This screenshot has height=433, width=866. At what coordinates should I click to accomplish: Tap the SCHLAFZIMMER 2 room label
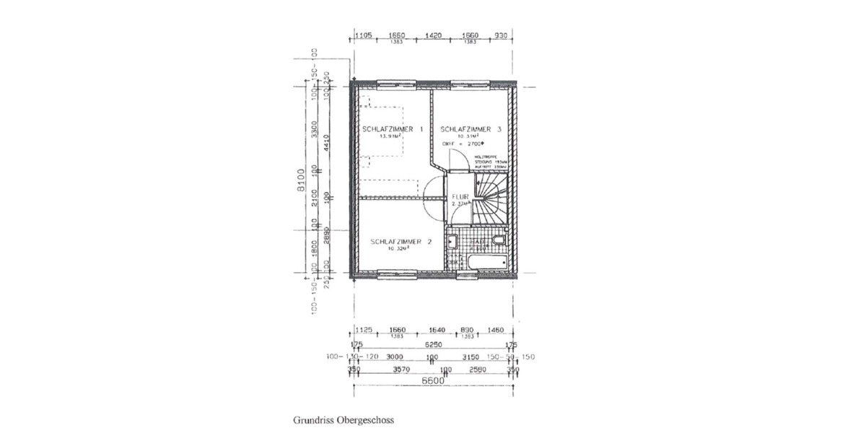click(401, 241)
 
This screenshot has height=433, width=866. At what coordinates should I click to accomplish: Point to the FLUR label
click(460, 196)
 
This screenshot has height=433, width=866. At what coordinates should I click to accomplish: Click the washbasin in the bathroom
click(452, 240)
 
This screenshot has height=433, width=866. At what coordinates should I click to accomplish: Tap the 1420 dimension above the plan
click(434, 35)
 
